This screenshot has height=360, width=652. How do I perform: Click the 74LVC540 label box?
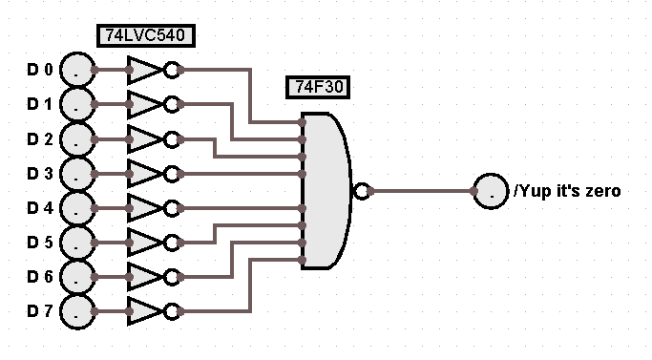[x=146, y=35]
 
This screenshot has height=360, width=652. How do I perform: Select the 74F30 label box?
[x=318, y=87]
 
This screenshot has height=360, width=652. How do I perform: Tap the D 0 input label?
[x=40, y=70]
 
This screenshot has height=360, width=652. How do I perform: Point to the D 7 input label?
[x=40, y=311]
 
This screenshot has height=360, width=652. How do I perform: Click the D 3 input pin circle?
[x=77, y=174]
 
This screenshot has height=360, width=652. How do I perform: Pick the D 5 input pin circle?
[x=77, y=243]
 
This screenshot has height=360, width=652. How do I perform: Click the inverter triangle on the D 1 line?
[x=143, y=104]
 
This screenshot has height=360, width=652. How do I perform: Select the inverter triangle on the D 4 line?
[x=143, y=208]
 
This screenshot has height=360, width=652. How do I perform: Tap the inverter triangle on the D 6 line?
[x=143, y=277]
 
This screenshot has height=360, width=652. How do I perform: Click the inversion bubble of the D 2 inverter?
[x=172, y=139]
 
